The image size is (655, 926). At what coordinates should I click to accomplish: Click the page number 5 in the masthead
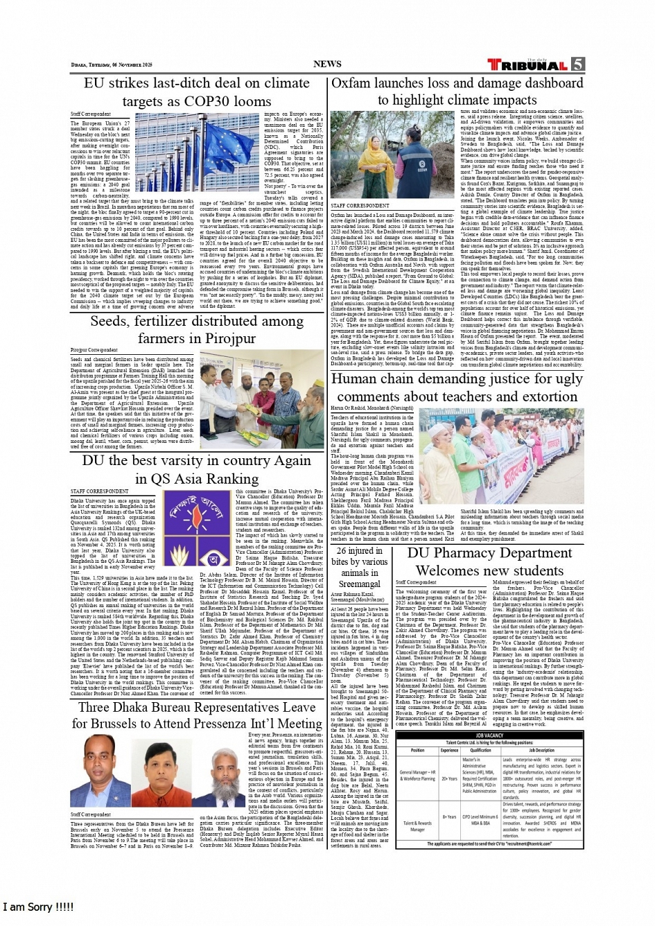tap(577, 64)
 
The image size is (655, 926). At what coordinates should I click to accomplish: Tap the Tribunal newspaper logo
tap(527, 65)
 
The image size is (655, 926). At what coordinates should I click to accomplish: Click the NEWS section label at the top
tap(327, 64)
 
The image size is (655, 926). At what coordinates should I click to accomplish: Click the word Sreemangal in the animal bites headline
tap(360, 584)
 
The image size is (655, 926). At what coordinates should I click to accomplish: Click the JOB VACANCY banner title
tap(490, 735)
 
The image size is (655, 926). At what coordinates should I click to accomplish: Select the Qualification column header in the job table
tap(480, 750)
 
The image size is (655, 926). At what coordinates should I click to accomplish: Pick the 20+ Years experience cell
tap(449, 778)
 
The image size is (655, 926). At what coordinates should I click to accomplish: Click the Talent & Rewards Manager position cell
tap(418, 825)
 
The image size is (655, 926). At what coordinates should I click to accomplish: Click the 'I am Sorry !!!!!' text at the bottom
tap(39, 907)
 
